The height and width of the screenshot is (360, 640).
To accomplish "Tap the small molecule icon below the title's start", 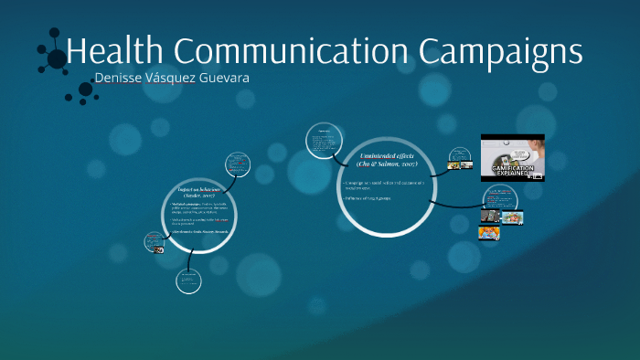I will pyautogui.click(x=85, y=89).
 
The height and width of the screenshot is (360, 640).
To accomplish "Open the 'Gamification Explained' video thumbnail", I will pyautogui.click(x=512, y=157).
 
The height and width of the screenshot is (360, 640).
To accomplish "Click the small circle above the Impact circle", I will pyautogui.click(x=239, y=164).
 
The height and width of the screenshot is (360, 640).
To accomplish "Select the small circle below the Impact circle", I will pyautogui.click(x=188, y=281).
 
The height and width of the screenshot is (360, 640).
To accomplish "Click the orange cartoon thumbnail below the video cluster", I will pyautogui.click(x=488, y=233).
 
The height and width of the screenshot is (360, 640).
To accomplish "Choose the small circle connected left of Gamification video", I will pyautogui.click(x=458, y=160).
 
